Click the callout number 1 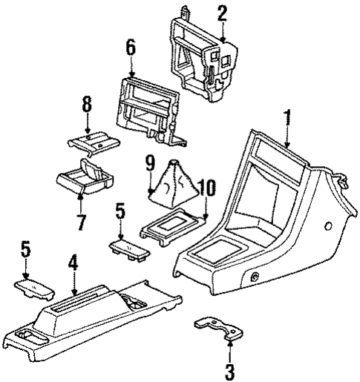tap(286, 117)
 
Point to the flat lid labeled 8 tap(91, 139)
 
